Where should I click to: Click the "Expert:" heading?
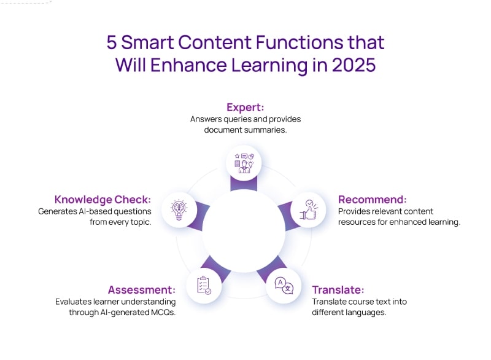click(245, 108)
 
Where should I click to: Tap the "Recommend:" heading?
click(373, 200)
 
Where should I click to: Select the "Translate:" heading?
click(338, 290)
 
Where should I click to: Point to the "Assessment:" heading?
click(142, 290)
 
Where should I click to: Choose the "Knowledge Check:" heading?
click(102, 200)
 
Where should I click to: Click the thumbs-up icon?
click(309, 209)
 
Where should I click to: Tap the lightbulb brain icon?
click(179, 210)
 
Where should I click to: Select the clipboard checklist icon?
click(204, 286)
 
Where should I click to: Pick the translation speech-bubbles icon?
click(284, 286)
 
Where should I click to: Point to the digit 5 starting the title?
click(112, 42)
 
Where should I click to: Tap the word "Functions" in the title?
click(300, 42)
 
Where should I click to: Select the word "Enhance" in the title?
click(188, 65)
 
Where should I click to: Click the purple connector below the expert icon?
click(244, 184)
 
